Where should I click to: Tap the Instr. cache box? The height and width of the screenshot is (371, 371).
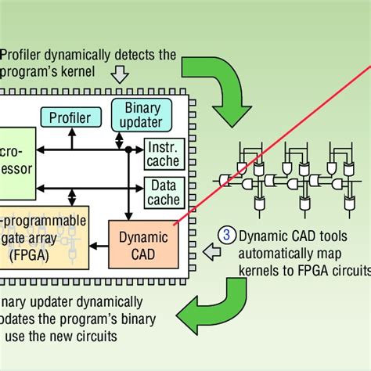tap(163, 154)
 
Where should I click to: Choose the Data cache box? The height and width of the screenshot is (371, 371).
tap(163, 191)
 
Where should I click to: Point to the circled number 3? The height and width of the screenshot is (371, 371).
tap(226, 233)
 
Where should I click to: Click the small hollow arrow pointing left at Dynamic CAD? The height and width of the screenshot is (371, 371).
tap(209, 250)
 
